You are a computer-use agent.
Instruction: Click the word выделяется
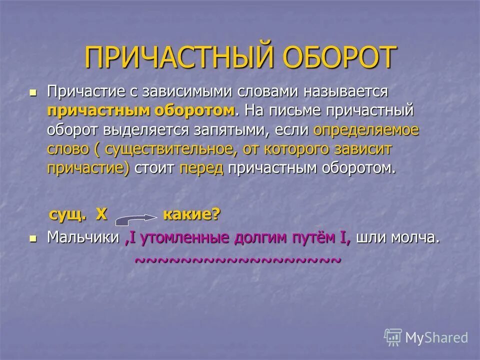[145, 130]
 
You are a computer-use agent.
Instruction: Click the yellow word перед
[201, 168]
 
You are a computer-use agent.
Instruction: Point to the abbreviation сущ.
[67, 215]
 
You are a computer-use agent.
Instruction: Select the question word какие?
[191, 215]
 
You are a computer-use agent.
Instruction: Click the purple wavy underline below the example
[238, 260]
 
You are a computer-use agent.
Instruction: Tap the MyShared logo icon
[393, 337]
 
